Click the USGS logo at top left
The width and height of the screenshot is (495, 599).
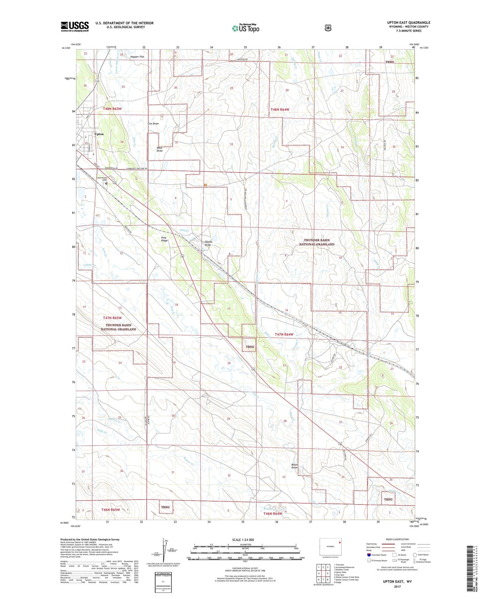pos(75,26)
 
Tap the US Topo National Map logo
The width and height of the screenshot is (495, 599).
pos(245,28)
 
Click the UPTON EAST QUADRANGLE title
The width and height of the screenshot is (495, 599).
pos(409,23)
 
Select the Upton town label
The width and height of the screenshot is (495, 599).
pos(99,134)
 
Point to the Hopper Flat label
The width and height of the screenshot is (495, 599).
pos(137,57)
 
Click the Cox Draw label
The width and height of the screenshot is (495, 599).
pos(153,124)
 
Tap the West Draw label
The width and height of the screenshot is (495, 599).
pos(160,149)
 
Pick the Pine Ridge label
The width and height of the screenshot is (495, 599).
pos(164,239)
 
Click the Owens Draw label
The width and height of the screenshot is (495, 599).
pos(208,243)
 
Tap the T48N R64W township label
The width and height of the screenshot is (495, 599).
pos(280,109)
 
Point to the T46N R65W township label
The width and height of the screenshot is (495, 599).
pos(110,510)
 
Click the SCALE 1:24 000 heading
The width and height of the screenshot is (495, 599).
pos(243,540)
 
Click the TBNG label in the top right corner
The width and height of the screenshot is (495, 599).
pos(389,62)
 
